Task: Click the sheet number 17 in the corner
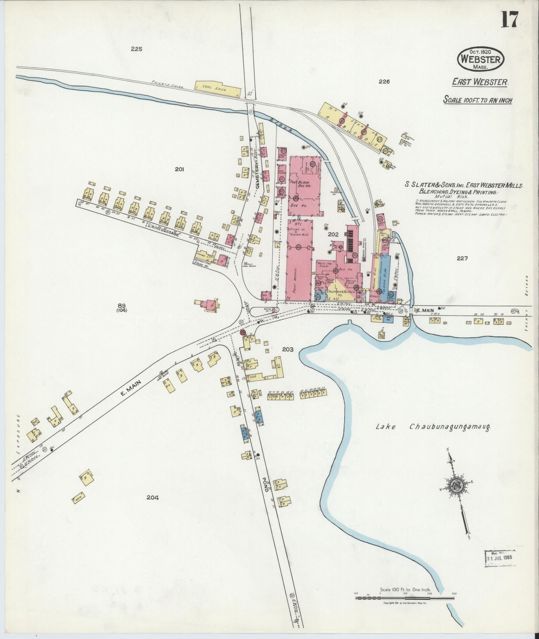(509, 20)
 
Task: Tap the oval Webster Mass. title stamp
(480, 59)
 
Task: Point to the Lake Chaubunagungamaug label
(434, 427)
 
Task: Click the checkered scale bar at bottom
(405, 598)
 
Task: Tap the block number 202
(333, 234)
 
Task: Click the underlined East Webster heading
(480, 82)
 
